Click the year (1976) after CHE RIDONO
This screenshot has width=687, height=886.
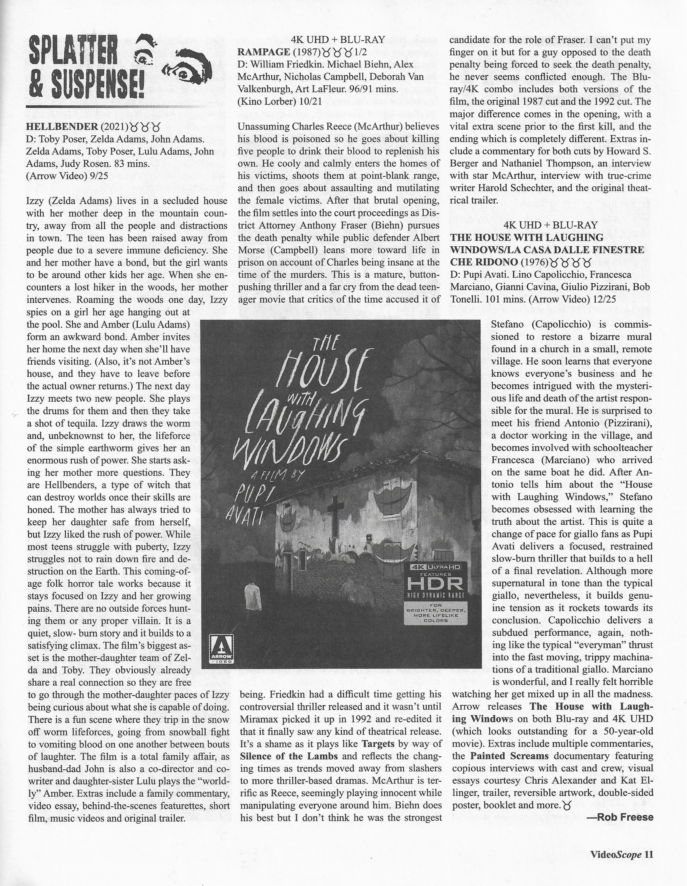(534, 262)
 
